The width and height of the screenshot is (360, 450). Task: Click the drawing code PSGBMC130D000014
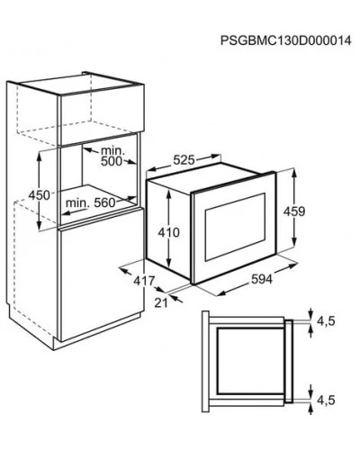coord(285,40)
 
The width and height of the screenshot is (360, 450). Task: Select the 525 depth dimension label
coord(184,160)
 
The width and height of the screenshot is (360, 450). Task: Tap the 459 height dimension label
coord(294,211)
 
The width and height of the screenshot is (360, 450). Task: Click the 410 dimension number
coord(169,232)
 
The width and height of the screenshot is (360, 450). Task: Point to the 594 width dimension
coord(262,279)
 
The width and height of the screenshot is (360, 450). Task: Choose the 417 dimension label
coord(144,281)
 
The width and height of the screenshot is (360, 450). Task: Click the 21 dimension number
coord(161,303)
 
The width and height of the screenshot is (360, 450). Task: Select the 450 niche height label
coord(39,195)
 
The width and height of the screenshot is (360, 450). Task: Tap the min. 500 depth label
coord(112,156)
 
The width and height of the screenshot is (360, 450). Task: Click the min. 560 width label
coord(91,203)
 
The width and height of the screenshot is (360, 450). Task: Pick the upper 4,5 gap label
coord(326,321)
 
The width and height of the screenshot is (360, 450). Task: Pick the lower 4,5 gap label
coord(326,400)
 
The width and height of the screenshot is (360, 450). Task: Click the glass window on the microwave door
coord(235,227)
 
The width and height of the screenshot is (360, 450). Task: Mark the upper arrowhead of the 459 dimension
coord(294,175)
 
